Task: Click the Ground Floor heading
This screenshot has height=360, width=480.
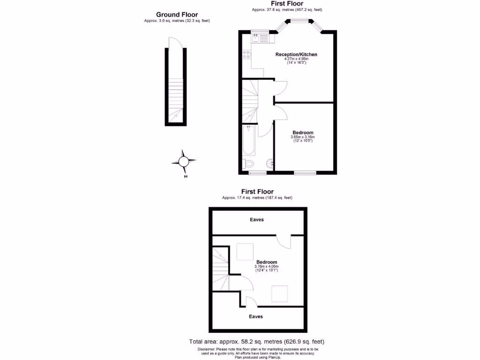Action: (x=177, y=15)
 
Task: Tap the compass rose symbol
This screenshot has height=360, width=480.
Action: (x=184, y=161)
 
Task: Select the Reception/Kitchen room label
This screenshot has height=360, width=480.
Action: (x=296, y=54)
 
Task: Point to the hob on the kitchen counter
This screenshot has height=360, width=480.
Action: (x=247, y=54)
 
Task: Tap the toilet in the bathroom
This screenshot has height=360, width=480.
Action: (x=248, y=164)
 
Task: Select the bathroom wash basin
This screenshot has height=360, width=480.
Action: (x=270, y=164)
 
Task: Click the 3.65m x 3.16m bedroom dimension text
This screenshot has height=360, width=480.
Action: (x=303, y=137)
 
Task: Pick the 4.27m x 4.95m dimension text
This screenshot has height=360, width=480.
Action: (x=296, y=59)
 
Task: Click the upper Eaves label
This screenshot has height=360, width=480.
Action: (x=256, y=219)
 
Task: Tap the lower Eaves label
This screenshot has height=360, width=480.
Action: (x=255, y=316)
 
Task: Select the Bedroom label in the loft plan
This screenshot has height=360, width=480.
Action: (x=266, y=262)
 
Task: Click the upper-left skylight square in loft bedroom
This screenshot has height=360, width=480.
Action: (x=245, y=252)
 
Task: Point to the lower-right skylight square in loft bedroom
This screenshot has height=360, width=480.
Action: (x=280, y=293)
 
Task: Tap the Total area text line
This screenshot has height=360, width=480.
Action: (x=256, y=342)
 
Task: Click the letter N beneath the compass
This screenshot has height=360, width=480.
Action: (x=186, y=177)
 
